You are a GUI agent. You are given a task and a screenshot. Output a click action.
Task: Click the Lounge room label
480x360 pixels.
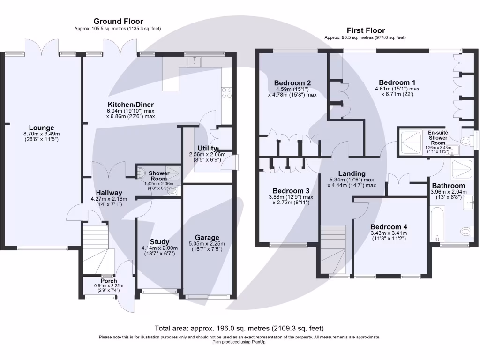click(41, 127)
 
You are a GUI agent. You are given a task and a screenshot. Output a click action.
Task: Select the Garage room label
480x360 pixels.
click(207, 238)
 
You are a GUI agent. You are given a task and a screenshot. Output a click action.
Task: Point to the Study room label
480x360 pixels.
click(159, 242)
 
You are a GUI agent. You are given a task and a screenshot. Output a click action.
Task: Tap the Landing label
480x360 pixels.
click(353, 173)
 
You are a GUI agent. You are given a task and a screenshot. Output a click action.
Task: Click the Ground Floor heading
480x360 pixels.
click(118, 21)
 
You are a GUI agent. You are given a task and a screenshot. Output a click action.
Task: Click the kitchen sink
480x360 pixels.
click(193, 61)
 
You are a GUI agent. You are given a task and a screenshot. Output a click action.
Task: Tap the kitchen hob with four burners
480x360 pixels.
click(226, 93)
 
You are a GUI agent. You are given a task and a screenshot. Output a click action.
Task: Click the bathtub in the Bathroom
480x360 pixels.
click(438, 225)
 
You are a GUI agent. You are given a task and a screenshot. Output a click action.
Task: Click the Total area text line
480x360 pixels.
click(239, 328)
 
